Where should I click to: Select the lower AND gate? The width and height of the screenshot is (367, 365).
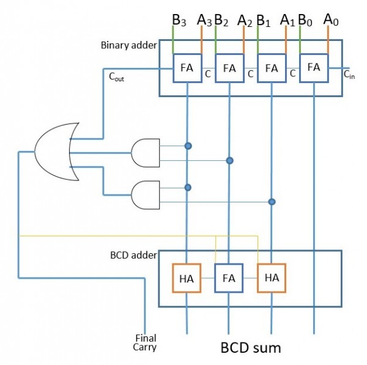click(x=145, y=195)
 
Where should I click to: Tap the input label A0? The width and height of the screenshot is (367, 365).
click(x=331, y=20)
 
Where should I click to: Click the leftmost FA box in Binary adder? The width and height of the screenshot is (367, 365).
click(x=187, y=67)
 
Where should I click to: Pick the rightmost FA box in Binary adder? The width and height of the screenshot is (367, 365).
click(x=314, y=67)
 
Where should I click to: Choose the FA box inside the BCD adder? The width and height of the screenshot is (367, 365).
click(x=229, y=278)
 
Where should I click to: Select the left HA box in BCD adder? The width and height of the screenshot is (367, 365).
click(x=187, y=278)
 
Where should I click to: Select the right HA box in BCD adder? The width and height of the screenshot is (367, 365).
click(x=272, y=278)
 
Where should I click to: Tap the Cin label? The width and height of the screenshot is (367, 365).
click(x=348, y=75)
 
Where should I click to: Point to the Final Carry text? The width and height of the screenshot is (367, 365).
click(x=146, y=342)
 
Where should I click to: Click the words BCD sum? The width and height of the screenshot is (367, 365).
click(x=250, y=348)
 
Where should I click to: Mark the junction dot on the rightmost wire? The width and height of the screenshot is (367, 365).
click(x=272, y=201)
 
